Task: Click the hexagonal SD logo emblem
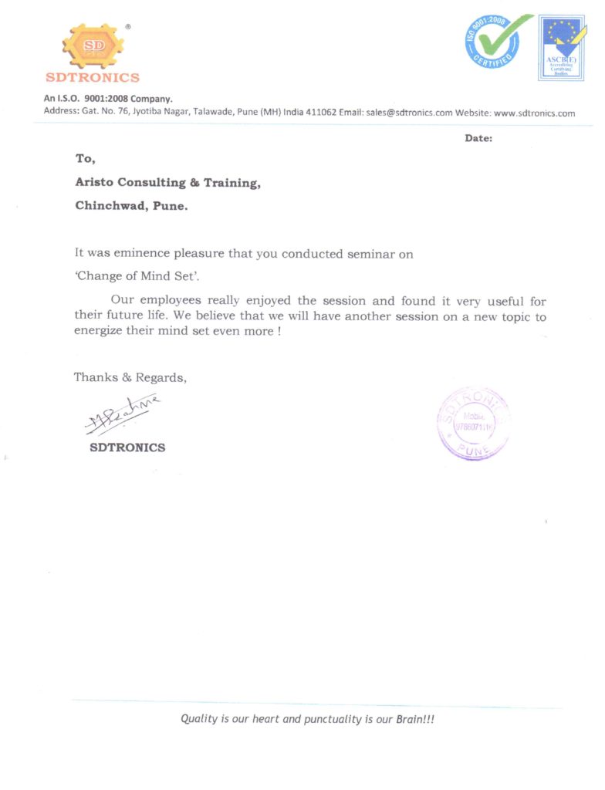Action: click(93, 46)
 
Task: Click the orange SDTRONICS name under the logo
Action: click(93, 77)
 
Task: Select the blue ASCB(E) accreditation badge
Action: click(561, 48)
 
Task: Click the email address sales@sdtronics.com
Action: click(409, 113)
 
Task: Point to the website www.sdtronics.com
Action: click(534, 113)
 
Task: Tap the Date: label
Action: click(478, 138)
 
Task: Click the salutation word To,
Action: click(85, 158)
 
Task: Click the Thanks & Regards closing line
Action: click(130, 377)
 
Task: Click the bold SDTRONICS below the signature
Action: click(127, 447)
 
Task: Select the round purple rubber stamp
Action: click(473, 423)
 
